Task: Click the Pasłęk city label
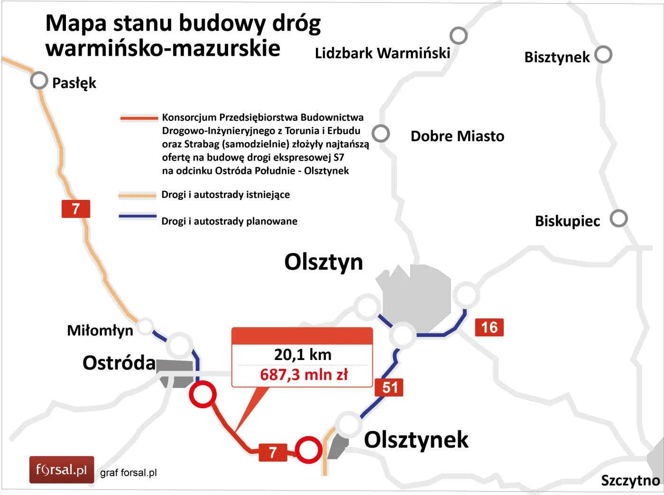[x=74, y=83]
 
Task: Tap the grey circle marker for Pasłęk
[x=39, y=81]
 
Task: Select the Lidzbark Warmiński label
[x=382, y=53]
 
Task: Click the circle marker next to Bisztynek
[x=603, y=54]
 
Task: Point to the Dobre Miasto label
[x=457, y=136]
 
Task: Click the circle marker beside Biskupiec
[x=618, y=218]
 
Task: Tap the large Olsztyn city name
[x=323, y=262]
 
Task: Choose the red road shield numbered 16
[x=489, y=327]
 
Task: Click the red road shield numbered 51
[x=389, y=387]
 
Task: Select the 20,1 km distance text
[x=303, y=355]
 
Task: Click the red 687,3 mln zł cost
[x=304, y=375]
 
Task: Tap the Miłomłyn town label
[x=100, y=330]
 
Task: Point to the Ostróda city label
[x=119, y=363]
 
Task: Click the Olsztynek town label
[x=416, y=440]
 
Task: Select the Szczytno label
[x=630, y=480]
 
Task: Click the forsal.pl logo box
[x=62, y=469]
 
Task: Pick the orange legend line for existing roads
[x=137, y=195]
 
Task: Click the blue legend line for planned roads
[x=137, y=216]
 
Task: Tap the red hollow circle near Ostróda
[x=203, y=394]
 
